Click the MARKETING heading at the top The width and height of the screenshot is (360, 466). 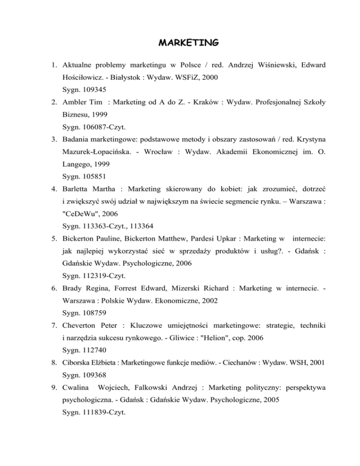tap(187, 43)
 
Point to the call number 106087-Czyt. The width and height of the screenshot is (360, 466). tap(107, 137)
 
